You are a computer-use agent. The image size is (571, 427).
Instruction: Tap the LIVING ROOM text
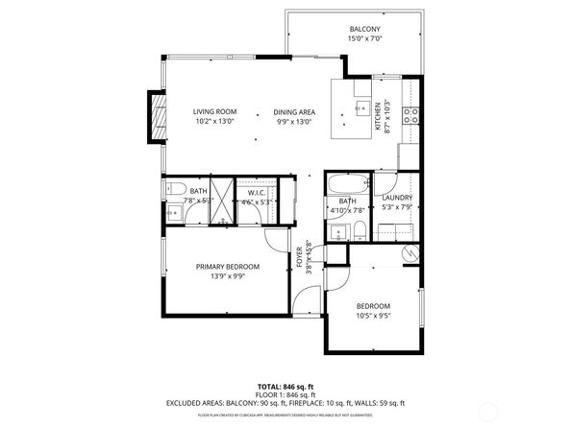click(213, 111)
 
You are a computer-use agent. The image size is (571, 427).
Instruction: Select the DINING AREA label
click(295, 111)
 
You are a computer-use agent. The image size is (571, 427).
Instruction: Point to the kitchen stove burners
click(410, 116)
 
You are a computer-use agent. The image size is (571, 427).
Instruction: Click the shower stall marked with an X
click(222, 202)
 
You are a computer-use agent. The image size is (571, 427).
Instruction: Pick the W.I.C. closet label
click(256, 192)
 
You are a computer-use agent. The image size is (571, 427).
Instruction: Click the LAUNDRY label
click(396, 197)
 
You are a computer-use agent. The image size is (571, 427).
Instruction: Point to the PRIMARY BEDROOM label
click(228, 267)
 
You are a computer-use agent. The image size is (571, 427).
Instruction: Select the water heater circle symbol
click(410, 253)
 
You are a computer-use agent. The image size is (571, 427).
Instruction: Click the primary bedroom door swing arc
click(276, 240)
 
